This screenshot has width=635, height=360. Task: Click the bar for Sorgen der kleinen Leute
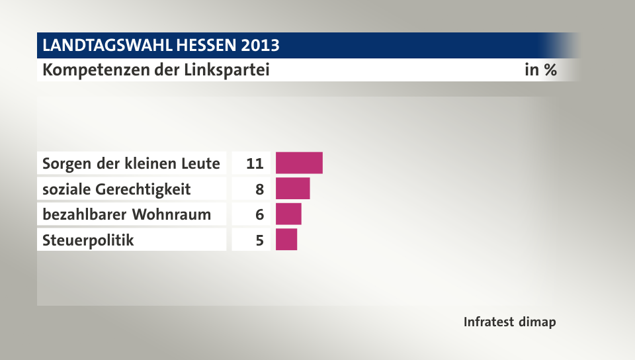(x=299, y=163)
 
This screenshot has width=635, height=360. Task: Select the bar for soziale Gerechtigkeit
(x=292, y=189)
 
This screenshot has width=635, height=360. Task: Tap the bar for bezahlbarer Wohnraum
(x=288, y=214)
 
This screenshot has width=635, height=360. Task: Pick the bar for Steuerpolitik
(x=286, y=240)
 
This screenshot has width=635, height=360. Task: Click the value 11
(x=255, y=163)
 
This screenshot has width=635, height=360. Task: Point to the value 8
(x=260, y=189)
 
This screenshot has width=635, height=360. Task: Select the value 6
(x=260, y=214)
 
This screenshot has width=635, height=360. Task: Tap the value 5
(x=260, y=240)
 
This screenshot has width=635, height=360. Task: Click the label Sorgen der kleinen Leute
(x=131, y=163)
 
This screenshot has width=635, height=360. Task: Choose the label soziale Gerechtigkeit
(x=116, y=189)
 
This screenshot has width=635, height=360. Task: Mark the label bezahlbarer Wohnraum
(x=126, y=214)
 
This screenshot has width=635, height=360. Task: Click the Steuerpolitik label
(x=88, y=240)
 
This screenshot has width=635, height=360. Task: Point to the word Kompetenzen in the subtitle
(x=93, y=70)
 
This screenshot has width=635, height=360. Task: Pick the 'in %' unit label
(x=540, y=70)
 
